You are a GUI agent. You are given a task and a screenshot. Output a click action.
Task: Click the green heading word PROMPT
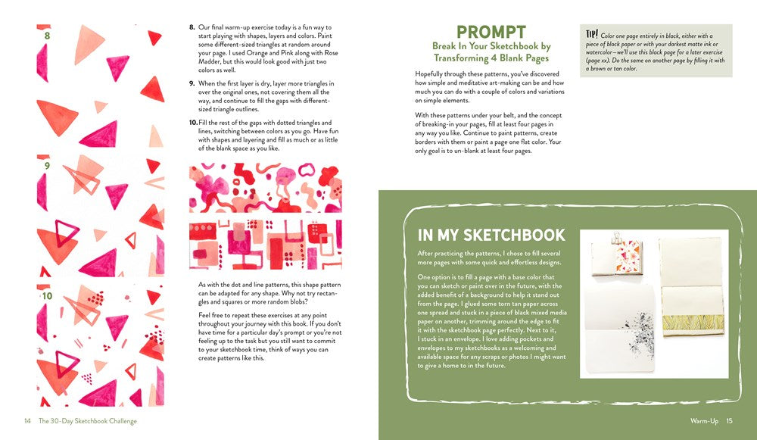(491, 32)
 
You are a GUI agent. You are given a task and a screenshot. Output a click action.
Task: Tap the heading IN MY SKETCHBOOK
(491, 234)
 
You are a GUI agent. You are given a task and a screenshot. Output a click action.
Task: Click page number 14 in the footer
(27, 421)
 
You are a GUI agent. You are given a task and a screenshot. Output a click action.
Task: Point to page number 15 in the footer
(729, 421)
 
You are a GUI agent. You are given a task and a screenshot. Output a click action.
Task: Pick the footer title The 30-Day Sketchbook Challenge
(87, 421)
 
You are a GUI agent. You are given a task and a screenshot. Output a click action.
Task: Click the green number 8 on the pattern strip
(47, 35)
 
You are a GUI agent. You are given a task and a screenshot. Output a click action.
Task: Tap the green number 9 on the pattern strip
(47, 165)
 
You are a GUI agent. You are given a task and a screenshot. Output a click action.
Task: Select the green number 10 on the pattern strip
(48, 296)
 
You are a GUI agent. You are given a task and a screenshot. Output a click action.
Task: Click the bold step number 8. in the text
(192, 28)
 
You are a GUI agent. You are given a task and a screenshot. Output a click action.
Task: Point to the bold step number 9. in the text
(192, 83)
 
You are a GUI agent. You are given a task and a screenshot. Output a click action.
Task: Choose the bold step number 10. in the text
(193, 122)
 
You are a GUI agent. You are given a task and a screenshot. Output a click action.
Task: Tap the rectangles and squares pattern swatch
(265, 245)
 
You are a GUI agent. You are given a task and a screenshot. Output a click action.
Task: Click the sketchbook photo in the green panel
(650, 304)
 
